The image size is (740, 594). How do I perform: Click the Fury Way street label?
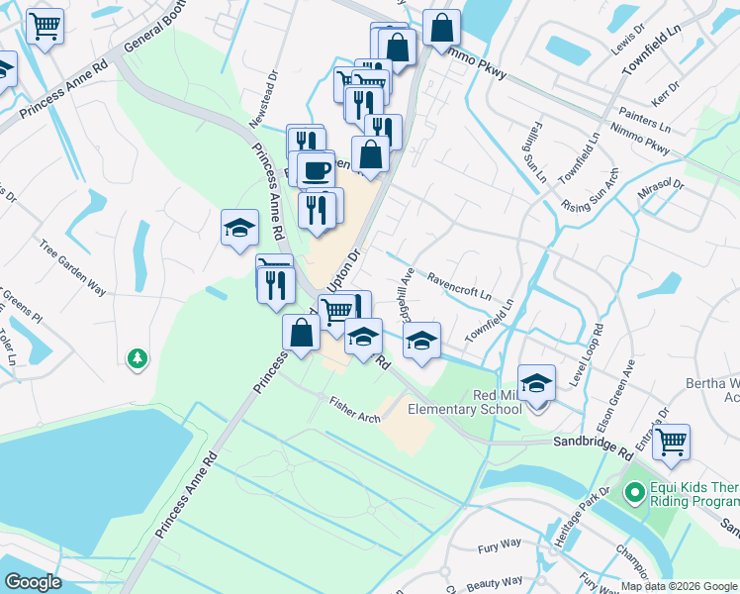point(499,544)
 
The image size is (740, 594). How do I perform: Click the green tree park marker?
point(138,357)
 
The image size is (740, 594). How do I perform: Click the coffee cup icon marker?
point(317,169)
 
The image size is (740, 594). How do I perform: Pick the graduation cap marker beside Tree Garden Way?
point(239,229)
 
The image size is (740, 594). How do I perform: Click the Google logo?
point(33,582)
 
